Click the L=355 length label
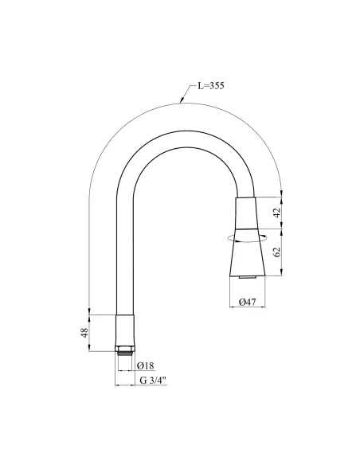(x=211, y=86)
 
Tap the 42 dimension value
(x=276, y=213)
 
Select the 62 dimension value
(x=276, y=252)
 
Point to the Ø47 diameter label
(x=248, y=303)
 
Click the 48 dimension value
(x=84, y=333)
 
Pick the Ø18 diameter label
(x=146, y=365)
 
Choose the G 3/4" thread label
(x=153, y=381)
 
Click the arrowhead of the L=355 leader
(x=182, y=100)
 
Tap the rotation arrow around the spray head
(x=247, y=238)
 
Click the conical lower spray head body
(x=247, y=252)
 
